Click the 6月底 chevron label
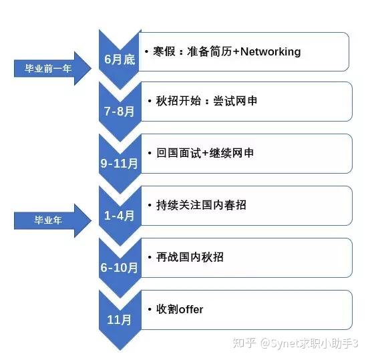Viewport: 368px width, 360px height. tap(120, 59)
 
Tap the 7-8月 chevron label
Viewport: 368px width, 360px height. tap(120, 112)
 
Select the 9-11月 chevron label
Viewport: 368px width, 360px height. tap(120, 164)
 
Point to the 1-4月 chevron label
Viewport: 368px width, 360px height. tap(120, 216)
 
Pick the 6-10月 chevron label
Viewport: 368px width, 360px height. tap(120, 268)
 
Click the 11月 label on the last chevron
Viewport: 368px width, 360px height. tap(120, 320)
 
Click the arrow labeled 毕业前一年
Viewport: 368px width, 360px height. tap(53, 68)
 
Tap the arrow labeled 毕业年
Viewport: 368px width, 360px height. tap(53, 220)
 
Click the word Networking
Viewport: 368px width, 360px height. tap(270, 51)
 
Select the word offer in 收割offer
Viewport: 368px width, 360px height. tap(191, 309)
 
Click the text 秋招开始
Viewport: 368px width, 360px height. tap(178, 101)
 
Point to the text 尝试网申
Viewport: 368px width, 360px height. tap(235, 101)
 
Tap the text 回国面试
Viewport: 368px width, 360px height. tap(178, 153)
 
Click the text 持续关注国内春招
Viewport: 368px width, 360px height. tap(201, 205)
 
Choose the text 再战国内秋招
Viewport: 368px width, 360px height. tap(190, 257)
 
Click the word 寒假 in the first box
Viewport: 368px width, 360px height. tap(164, 51)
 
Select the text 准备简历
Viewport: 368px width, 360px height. tap(209, 51)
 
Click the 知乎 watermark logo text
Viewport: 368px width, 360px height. tap(244, 343)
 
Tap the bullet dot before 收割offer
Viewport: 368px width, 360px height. tap(150, 309)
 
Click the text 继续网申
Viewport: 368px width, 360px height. tap(231, 153)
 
